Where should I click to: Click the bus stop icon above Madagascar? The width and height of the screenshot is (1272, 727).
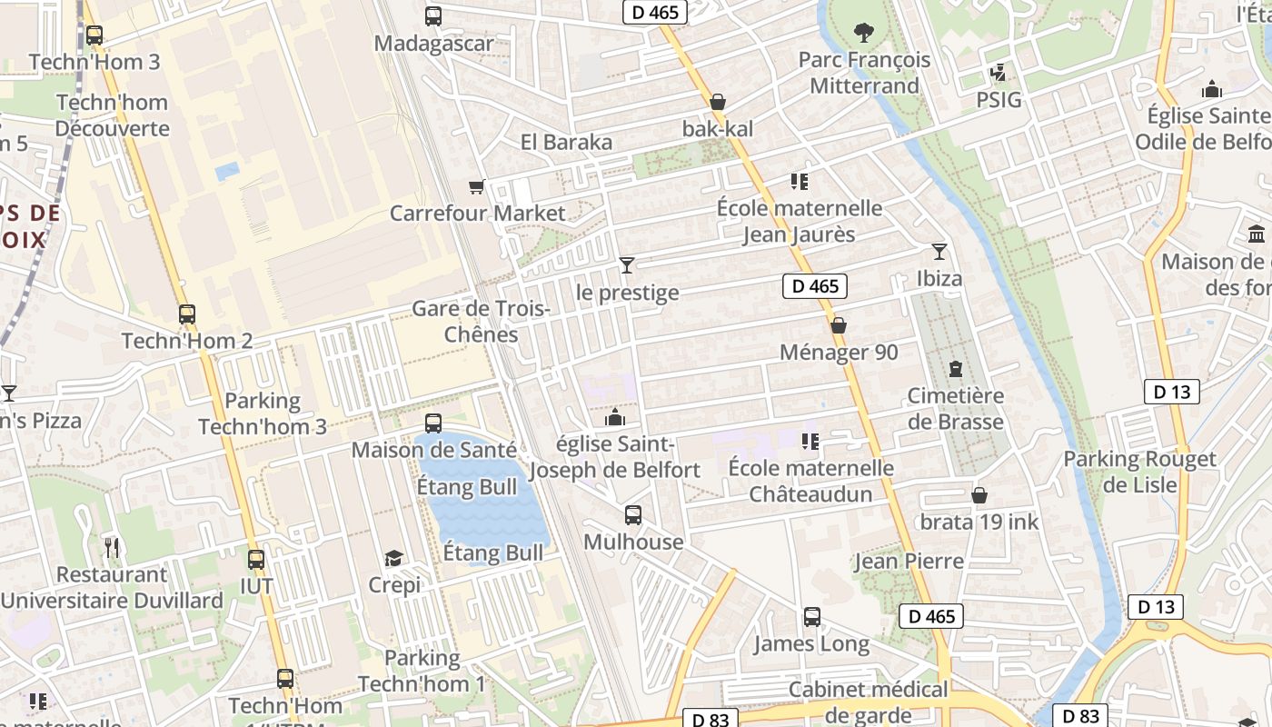(433, 15)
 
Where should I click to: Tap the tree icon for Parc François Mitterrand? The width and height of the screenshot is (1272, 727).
(863, 33)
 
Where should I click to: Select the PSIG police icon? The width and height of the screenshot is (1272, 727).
(999, 72)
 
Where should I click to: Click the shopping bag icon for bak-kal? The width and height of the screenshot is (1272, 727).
(718, 102)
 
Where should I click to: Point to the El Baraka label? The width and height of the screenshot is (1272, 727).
(566, 143)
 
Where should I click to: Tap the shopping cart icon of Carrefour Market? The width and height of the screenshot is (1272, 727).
(476, 187)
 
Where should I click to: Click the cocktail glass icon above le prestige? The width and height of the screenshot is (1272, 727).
(627, 264)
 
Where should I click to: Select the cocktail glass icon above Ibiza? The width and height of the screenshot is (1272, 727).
(939, 251)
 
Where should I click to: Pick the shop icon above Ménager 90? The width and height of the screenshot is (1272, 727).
(839, 324)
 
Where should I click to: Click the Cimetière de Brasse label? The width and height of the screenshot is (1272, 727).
(955, 409)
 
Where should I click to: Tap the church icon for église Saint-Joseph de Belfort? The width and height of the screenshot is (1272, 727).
(615, 417)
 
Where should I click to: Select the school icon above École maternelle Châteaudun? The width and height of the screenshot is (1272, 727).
(810, 442)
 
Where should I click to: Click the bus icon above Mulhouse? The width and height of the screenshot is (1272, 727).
(633, 515)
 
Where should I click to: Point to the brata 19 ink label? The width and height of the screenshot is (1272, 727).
(979, 523)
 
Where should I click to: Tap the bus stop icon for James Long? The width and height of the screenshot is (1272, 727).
(812, 617)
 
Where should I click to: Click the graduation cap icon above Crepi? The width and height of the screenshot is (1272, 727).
(393, 558)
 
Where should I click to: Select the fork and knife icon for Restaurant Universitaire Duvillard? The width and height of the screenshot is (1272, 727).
(112, 547)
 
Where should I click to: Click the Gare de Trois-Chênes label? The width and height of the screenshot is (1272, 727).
(481, 322)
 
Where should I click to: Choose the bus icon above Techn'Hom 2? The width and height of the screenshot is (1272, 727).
(187, 314)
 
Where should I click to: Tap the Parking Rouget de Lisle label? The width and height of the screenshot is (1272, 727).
(1139, 472)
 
